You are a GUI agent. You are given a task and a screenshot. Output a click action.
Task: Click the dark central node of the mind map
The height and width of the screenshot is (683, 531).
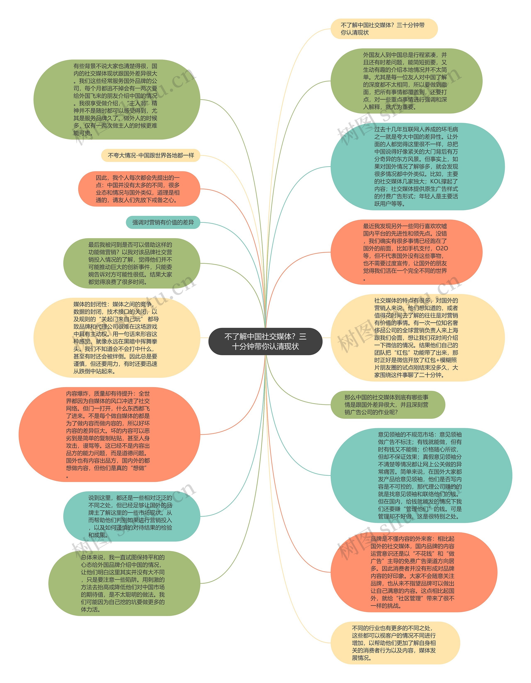(x=265, y=341)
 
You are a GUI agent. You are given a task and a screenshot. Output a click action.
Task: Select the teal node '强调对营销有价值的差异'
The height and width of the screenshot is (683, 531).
(x=163, y=222)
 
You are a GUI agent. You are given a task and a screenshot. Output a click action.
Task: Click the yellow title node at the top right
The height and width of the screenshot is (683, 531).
(x=384, y=29)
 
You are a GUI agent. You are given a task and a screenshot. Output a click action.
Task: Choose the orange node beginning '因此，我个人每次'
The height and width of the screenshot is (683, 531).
(x=139, y=189)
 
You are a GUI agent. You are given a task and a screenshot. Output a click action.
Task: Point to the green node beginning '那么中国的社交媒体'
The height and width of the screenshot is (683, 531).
(x=387, y=405)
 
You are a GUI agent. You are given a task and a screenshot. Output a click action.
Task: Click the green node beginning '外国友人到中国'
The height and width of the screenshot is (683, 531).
(x=406, y=81)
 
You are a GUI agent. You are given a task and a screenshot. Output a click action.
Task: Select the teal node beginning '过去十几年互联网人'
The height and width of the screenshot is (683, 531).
(x=417, y=166)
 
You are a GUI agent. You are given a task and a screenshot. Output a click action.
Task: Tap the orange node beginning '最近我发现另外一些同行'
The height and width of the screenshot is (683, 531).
(x=406, y=252)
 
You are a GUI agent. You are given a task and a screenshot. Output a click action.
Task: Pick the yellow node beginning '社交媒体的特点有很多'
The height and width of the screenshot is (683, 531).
(x=417, y=338)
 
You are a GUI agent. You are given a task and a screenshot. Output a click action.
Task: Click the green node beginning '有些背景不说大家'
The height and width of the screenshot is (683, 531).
(x=116, y=99)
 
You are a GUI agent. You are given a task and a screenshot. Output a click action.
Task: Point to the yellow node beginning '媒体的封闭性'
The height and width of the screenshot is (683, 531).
(x=116, y=338)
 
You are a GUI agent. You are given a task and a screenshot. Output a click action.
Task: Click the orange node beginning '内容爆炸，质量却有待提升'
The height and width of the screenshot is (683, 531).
(x=109, y=435)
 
